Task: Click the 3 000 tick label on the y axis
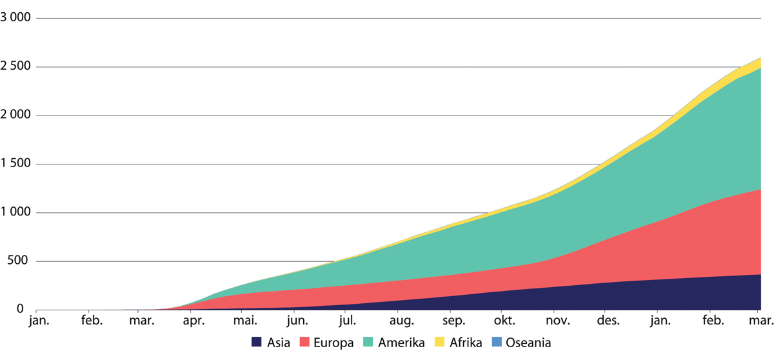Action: pos(15,18)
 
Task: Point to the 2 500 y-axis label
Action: pos(15,67)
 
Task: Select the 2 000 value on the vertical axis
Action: pos(15,115)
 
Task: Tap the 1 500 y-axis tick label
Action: pos(15,164)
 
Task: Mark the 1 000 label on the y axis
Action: pos(15,213)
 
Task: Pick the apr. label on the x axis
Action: pos(193,321)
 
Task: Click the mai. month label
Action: pos(244,321)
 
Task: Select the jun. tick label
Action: pos(296,321)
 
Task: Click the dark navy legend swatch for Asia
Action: pos(257,343)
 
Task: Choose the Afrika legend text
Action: pos(467,343)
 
